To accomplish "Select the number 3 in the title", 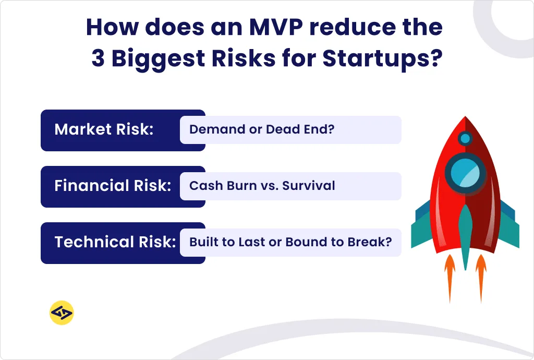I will click(98, 59).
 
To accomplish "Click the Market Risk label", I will click(104, 129).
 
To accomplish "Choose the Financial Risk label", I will click(113, 186).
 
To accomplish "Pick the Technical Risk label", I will click(115, 242).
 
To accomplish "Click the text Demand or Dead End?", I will click(261, 129).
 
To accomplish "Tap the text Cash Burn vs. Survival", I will click(262, 186).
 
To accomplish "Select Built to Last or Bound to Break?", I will click(290, 242).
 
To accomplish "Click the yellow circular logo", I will click(62, 313).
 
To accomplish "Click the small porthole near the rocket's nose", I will click(465, 138).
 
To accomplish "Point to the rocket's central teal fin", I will click(465, 235).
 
